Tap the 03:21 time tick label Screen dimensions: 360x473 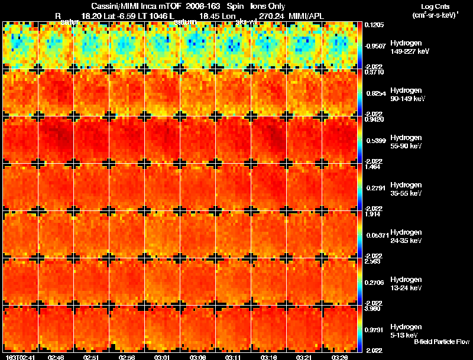[x=304, y=357]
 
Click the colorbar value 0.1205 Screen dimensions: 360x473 [x=374, y=25]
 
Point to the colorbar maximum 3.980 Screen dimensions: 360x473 [x=372, y=309]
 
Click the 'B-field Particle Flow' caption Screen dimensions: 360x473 [x=442, y=342]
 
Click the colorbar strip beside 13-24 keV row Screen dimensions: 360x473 [x=361, y=282]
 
